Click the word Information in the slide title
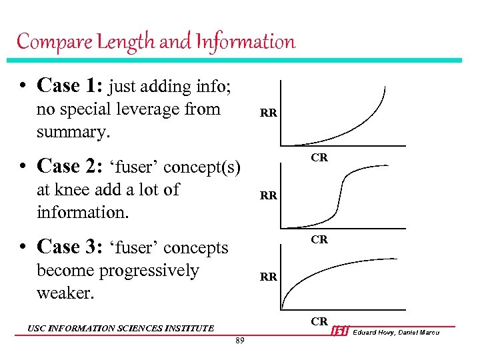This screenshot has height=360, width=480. (245, 42)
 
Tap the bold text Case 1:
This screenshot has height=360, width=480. (70, 85)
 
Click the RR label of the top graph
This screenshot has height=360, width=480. (269, 114)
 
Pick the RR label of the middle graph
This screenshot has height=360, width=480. (269, 196)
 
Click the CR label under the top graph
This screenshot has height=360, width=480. (319, 158)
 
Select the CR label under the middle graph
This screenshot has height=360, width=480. (319, 239)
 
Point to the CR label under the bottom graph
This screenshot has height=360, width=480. (319, 321)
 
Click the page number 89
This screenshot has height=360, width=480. (240, 342)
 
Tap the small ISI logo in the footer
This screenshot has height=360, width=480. (340, 331)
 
